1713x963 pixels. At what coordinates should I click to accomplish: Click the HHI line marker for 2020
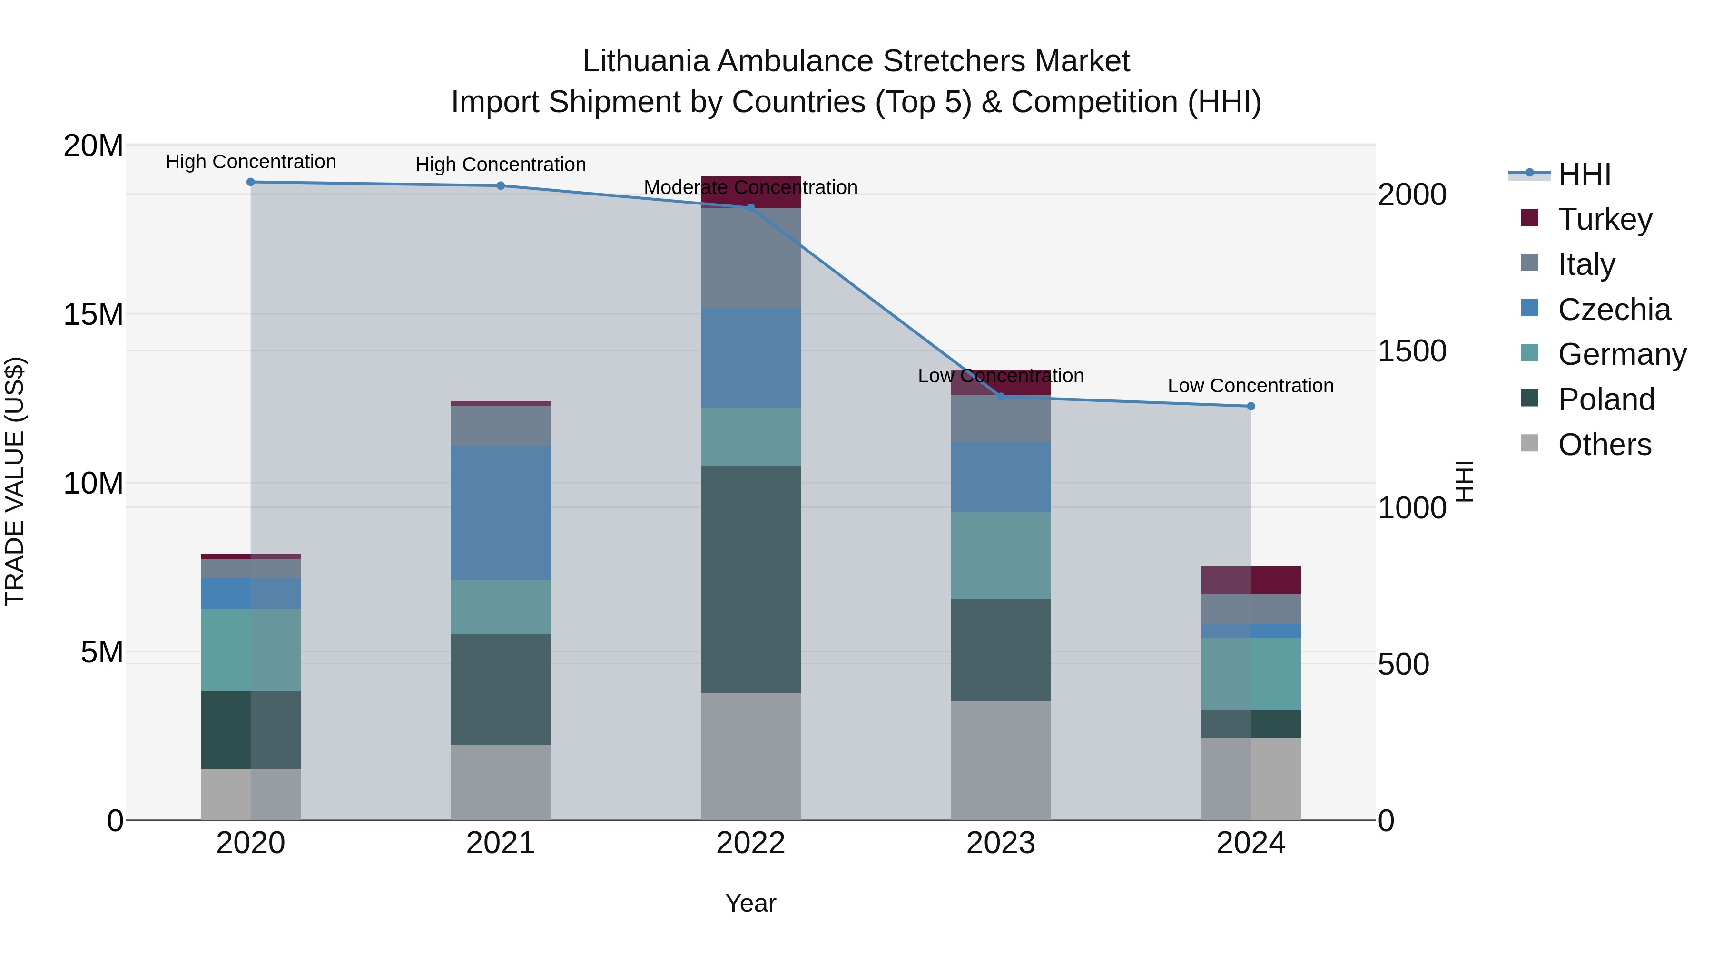click(251, 182)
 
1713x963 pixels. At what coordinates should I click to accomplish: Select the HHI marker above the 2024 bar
click(1251, 406)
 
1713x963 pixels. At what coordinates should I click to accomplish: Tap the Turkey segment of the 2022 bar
click(751, 192)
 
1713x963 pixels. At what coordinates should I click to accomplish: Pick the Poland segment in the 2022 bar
click(751, 580)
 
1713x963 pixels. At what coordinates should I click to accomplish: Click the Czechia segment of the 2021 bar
click(501, 512)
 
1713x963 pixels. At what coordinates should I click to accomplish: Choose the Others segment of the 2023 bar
click(1001, 760)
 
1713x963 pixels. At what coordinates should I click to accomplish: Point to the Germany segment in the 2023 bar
click(1001, 555)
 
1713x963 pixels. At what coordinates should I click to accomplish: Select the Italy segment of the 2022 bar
click(751, 258)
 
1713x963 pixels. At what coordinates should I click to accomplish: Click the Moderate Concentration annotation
click(751, 187)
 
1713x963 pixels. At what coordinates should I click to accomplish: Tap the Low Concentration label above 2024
click(1251, 386)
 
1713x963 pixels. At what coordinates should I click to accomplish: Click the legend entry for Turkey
click(1605, 219)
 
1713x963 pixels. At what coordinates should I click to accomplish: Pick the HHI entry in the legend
click(1584, 174)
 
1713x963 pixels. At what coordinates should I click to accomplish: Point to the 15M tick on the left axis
click(93, 314)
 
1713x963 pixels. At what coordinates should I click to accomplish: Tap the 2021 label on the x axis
click(501, 843)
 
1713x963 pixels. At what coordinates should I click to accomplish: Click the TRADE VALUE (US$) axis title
click(15, 481)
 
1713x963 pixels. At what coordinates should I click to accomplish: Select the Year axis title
click(751, 903)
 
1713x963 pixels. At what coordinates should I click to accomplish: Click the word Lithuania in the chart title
click(645, 61)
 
